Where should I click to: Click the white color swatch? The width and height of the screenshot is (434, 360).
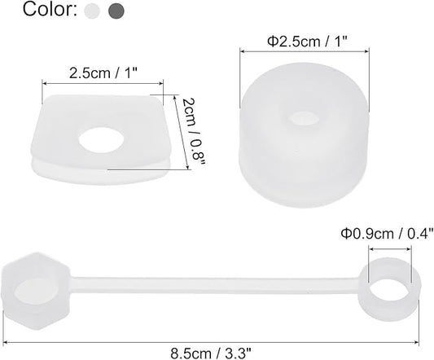click(92, 11)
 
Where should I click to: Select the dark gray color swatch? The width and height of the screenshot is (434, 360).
click(116, 11)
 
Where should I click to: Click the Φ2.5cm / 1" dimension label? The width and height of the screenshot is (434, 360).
click(307, 42)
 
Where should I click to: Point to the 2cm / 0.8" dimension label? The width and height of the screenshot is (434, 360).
click(194, 132)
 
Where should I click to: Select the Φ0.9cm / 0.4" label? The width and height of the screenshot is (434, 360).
click(387, 234)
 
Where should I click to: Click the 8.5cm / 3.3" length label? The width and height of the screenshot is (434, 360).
click(211, 353)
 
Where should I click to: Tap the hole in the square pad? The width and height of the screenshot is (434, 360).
click(101, 139)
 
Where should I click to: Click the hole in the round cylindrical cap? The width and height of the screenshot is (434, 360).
click(303, 118)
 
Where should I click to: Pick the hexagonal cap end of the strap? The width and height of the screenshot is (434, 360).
click(36, 291)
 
